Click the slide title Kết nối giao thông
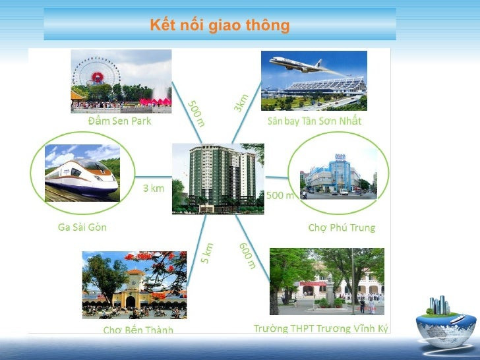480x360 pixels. pyautogui.click(x=220, y=26)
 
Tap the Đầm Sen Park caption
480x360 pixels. pyautogui.click(x=119, y=121)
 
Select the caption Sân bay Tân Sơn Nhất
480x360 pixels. pyautogui.click(x=315, y=121)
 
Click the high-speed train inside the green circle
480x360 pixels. pyautogui.click(x=80, y=175)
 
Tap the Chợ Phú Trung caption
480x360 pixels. pyautogui.click(x=342, y=228)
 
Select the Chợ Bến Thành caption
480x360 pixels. pyautogui.click(x=138, y=330)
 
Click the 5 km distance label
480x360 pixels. pyautogui.click(x=207, y=254)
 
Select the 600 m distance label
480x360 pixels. pyautogui.click(x=247, y=256)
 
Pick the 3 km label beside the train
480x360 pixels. pyautogui.click(x=154, y=188)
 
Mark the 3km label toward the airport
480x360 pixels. pyautogui.click(x=241, y=102)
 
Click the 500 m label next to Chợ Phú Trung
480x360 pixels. pyautogui.click(x=280, y=195)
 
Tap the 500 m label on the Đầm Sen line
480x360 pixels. pyautogui.click(x=196, y=113)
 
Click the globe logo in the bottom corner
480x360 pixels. pyautogui.click(x=446, y=324)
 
